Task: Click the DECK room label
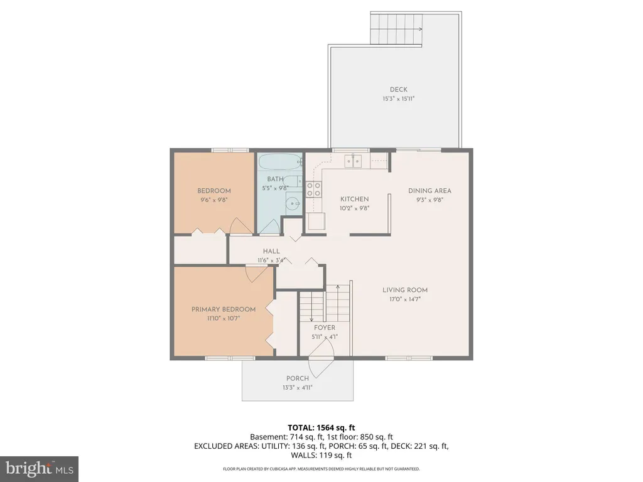[x=399, y=89]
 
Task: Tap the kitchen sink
[x=354, y=161]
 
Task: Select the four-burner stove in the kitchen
[x=314, y=190]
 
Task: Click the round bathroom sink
[x=293, y=203]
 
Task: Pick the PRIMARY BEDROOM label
[x=224, y=309]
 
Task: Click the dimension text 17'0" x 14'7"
[x=405, y=299]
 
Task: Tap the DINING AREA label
[x=430, y=191]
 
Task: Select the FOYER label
[x=325, y=328]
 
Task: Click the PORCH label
[x=298, y=378]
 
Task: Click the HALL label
[x=271, y=251]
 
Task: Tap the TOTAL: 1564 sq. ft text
[x=321, y=428]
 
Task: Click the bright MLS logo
[x=40, y=468]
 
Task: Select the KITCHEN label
[x=355, y=199]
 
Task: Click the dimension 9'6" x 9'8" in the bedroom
[x=213, y=200]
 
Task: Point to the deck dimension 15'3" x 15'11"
[x=399, y=99]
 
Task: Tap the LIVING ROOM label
[x=405, y=290]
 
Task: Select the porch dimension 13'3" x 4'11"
[x=298, y=387]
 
